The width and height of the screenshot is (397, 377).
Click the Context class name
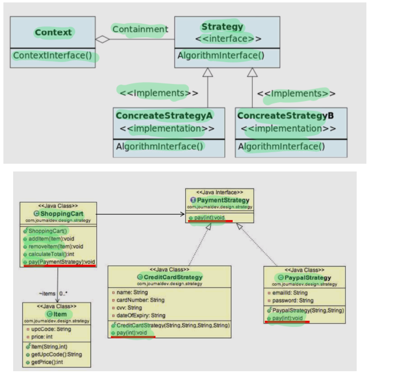click(53, 33)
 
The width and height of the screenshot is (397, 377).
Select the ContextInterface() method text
click(52, 55)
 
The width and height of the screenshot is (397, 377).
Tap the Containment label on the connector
click(140, 29)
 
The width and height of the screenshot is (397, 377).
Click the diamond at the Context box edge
click(102, 40)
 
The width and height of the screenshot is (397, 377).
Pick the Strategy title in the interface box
click(222, 27)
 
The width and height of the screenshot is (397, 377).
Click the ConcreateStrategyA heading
click(164, 116)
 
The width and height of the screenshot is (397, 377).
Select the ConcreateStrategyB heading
click(285, 116)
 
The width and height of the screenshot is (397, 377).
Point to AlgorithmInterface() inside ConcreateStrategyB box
click(281, 146)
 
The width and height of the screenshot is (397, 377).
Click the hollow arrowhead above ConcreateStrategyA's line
click(208, 72)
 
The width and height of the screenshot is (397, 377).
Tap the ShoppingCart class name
click(61, 214)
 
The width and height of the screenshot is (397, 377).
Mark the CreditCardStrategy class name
click(173, 277)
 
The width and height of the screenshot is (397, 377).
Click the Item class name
click(60, 315)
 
